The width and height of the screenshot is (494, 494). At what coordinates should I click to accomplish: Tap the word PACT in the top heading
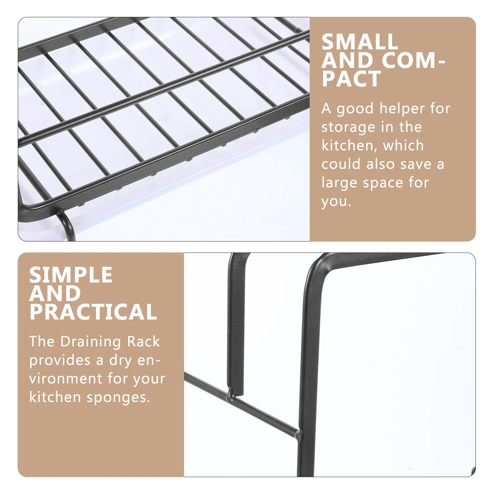pyautogui.click(x=351, y=79)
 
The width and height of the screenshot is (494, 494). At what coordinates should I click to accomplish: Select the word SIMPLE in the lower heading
pyautogui.click(x=71, y=275)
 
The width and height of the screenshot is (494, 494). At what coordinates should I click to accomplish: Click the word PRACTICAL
pyautogui.click(x=93, y=312)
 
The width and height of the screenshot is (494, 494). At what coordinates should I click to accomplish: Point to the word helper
pyautogui.click(x=402, y=109)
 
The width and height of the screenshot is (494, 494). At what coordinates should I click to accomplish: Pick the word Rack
pyautogui.click(x=144, y=341)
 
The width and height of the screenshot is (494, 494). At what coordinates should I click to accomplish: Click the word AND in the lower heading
pyautogui.click(x=55, y=293)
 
